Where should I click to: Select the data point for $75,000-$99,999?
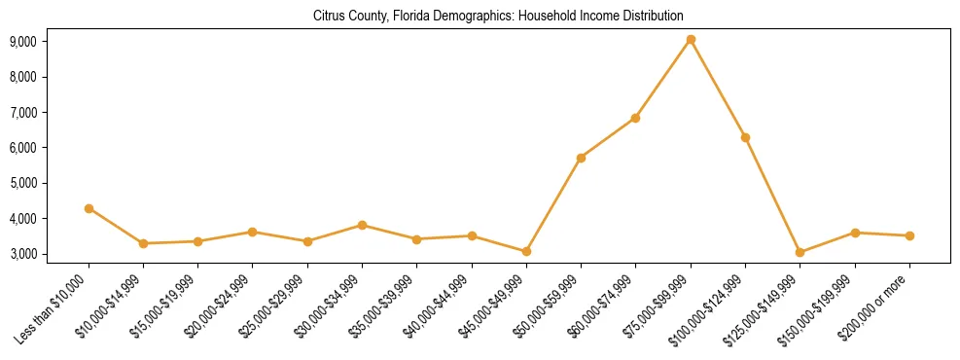pos(691,40)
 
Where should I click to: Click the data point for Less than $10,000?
pos(89,208)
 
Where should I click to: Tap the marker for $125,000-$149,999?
pos(800,252)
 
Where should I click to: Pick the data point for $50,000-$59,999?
pos(581,158)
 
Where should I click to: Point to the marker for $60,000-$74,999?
pos(635,118)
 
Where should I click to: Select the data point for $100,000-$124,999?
pos(745,137)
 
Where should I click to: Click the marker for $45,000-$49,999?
pos(526,251)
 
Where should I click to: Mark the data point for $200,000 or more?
pos(909,235)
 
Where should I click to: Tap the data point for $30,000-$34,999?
pos(362,225)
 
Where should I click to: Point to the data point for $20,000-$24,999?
pos(252,232)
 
